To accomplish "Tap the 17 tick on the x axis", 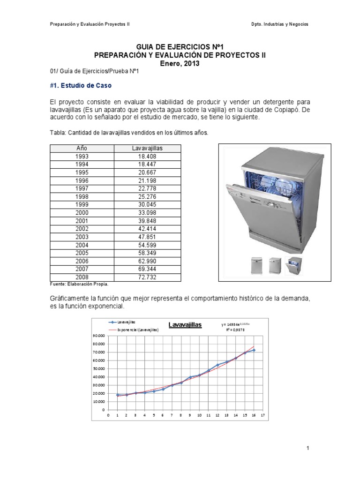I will coord(263,415).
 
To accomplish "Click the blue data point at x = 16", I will coord(254,350).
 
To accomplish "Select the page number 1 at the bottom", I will coord(307,449).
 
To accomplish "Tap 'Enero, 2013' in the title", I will coord(180,63).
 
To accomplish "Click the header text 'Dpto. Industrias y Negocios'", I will coord(280,24).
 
